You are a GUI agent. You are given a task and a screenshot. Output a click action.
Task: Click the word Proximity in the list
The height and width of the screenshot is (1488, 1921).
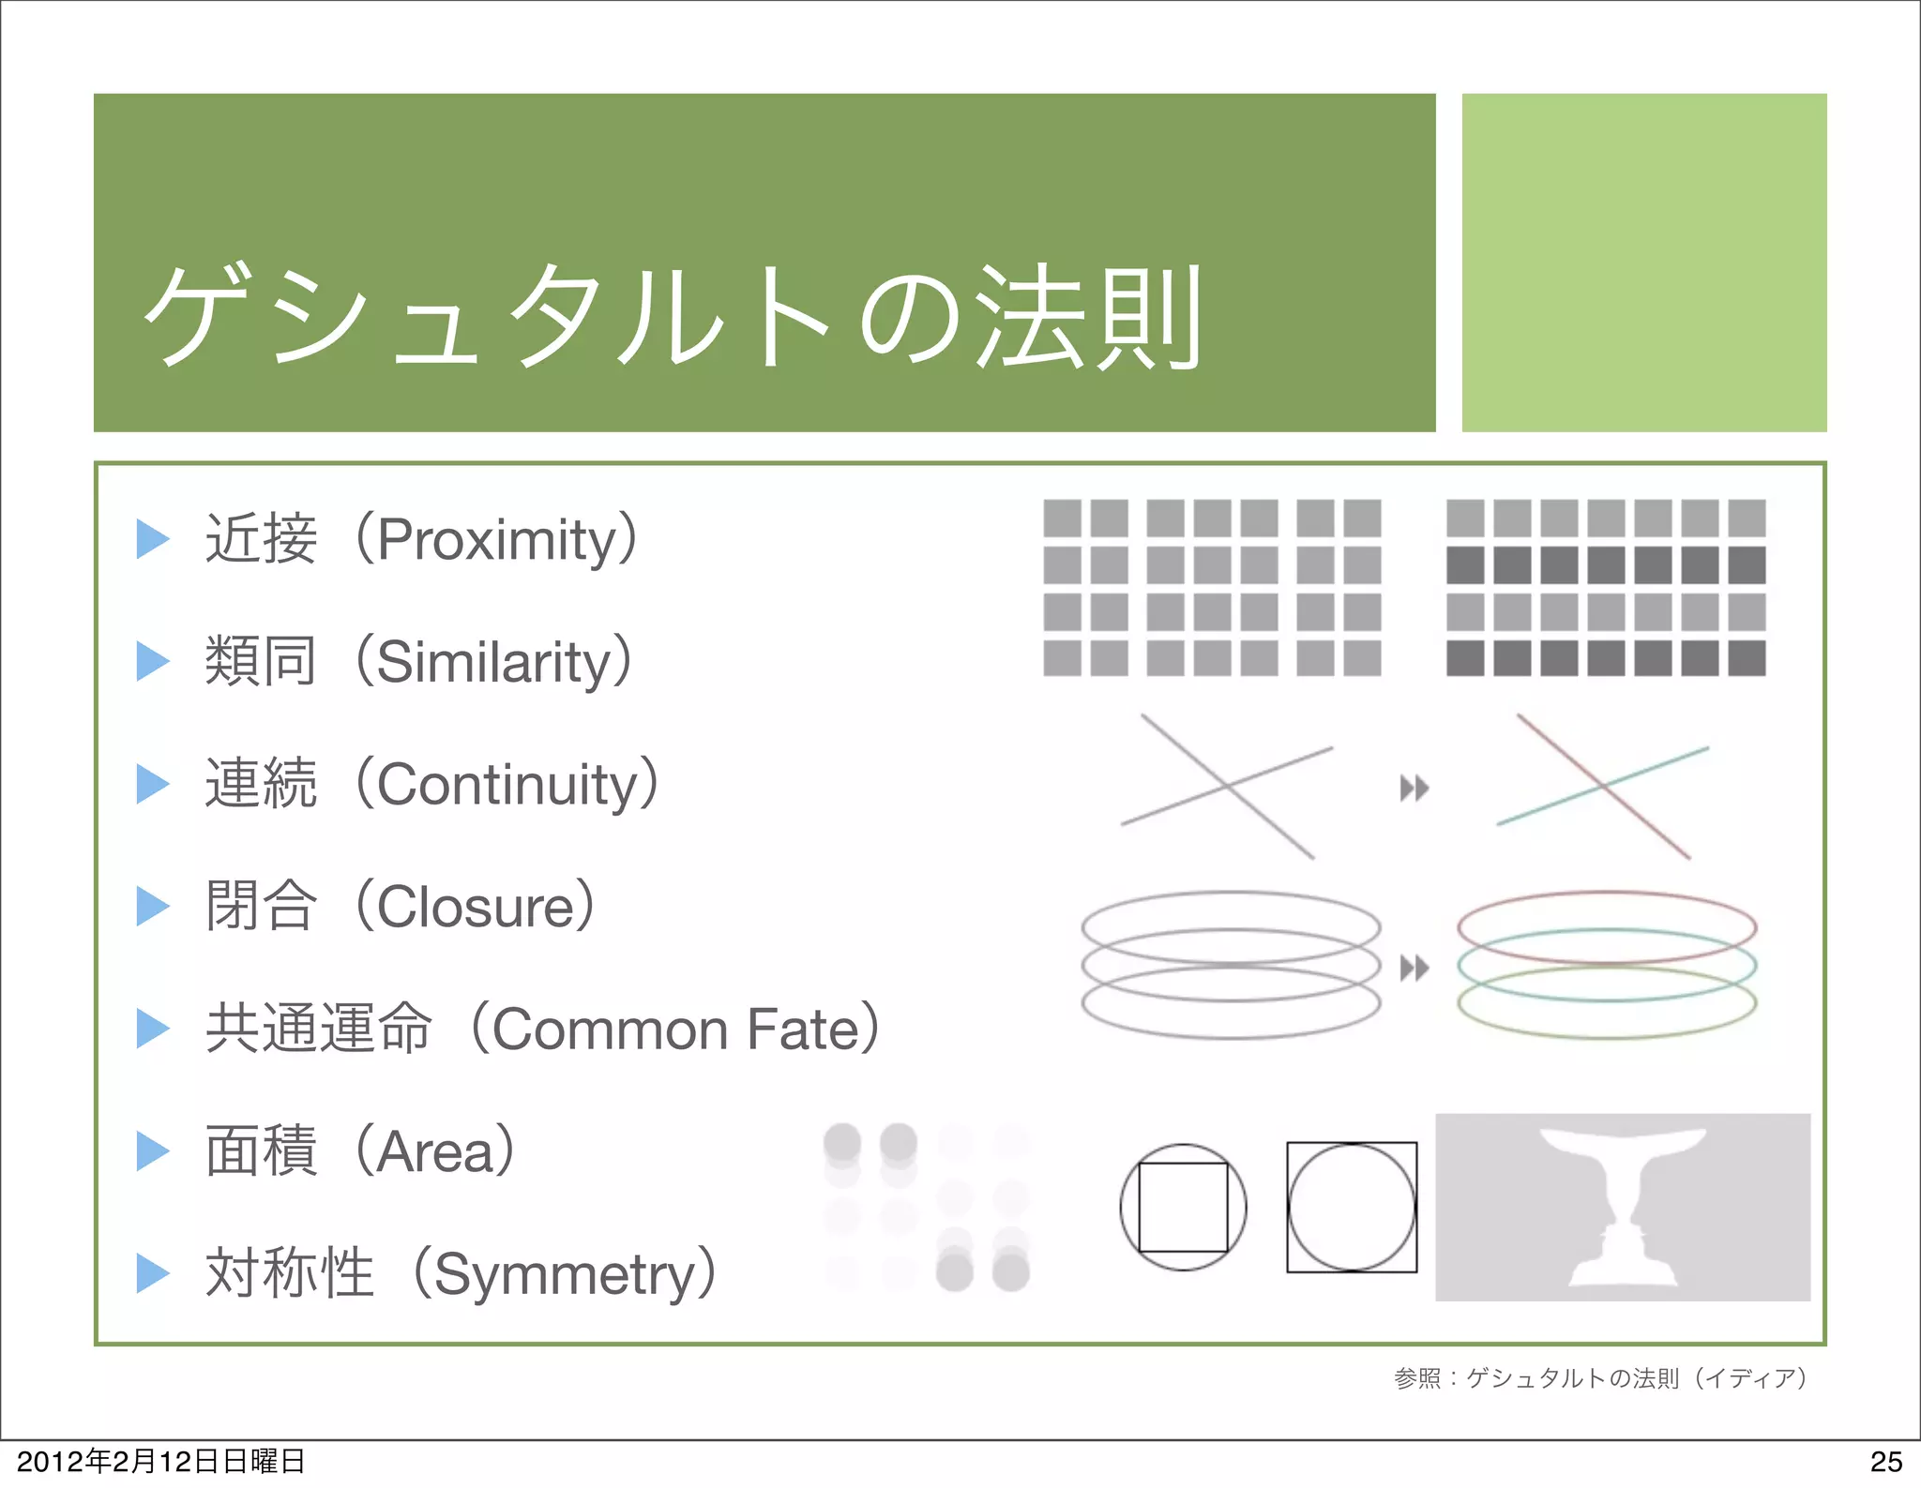click(496, 540)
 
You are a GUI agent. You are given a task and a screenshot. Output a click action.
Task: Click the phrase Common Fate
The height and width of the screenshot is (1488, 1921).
click(674, 1030)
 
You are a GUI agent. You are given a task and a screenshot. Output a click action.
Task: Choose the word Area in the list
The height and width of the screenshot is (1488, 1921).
click(435, 1151)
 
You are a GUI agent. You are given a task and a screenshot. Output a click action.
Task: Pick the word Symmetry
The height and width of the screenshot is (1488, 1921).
click(564, 1274)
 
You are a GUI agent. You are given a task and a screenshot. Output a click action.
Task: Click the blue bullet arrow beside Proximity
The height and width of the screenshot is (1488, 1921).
click(152, 539)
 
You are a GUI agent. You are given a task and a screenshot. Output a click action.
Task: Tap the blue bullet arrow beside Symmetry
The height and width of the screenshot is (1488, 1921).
click(152, 1273)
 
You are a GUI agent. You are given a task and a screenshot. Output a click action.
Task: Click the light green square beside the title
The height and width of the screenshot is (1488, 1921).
click(1643, 263)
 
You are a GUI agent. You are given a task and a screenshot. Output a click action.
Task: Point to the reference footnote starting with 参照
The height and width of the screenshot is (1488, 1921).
click(1600, 1377)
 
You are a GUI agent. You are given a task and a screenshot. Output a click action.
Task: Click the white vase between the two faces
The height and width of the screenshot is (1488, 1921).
click(1623, 1200)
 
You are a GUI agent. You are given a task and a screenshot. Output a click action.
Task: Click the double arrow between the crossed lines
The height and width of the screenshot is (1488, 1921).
click(1414, 789)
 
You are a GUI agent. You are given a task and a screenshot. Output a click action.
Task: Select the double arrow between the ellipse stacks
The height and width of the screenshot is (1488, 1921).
click(1414, 968)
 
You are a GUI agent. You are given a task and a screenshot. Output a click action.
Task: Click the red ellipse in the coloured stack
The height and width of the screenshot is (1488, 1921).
click(1606, 894)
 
